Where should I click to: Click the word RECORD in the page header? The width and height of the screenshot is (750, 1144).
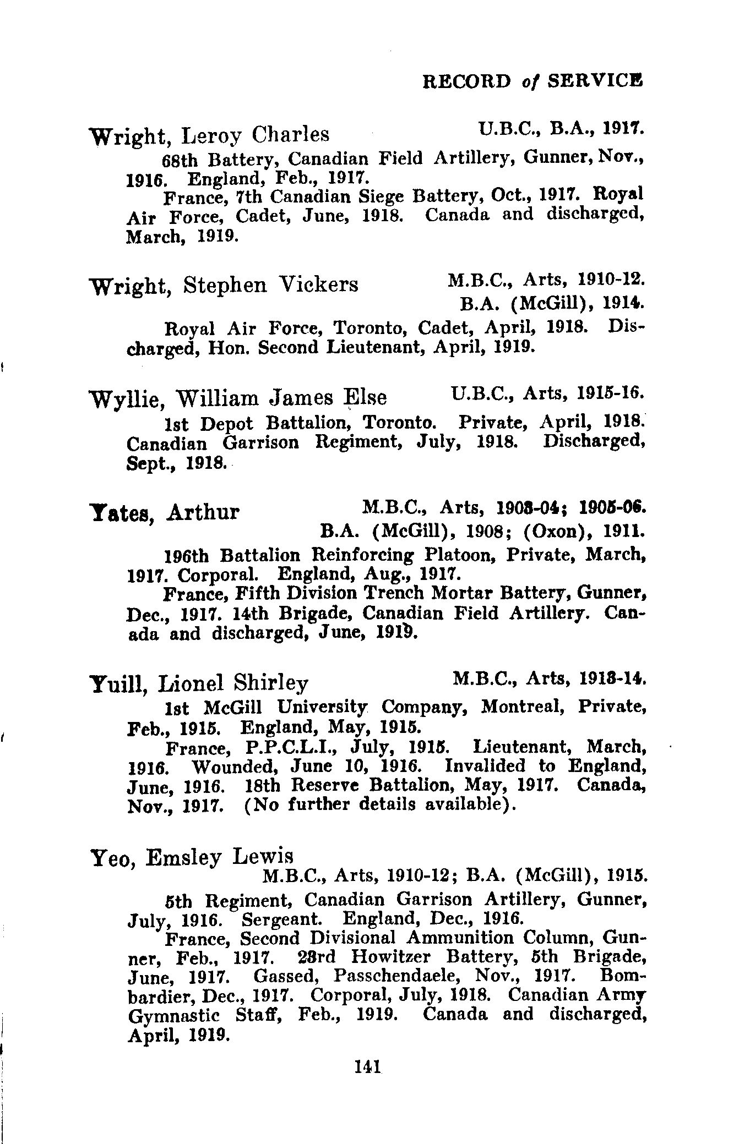(466, 81)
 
